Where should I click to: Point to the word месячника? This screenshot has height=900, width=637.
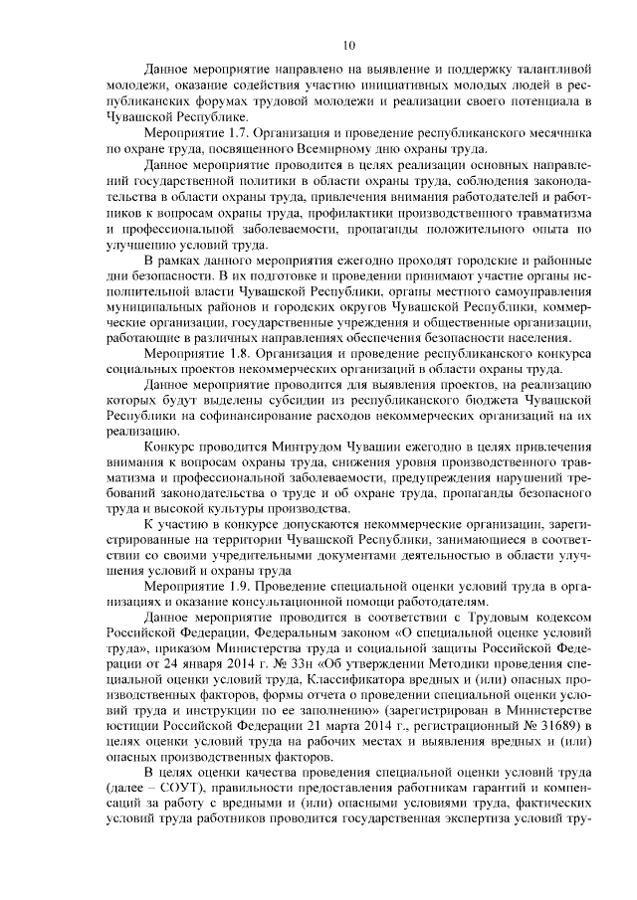coord(557,131)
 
